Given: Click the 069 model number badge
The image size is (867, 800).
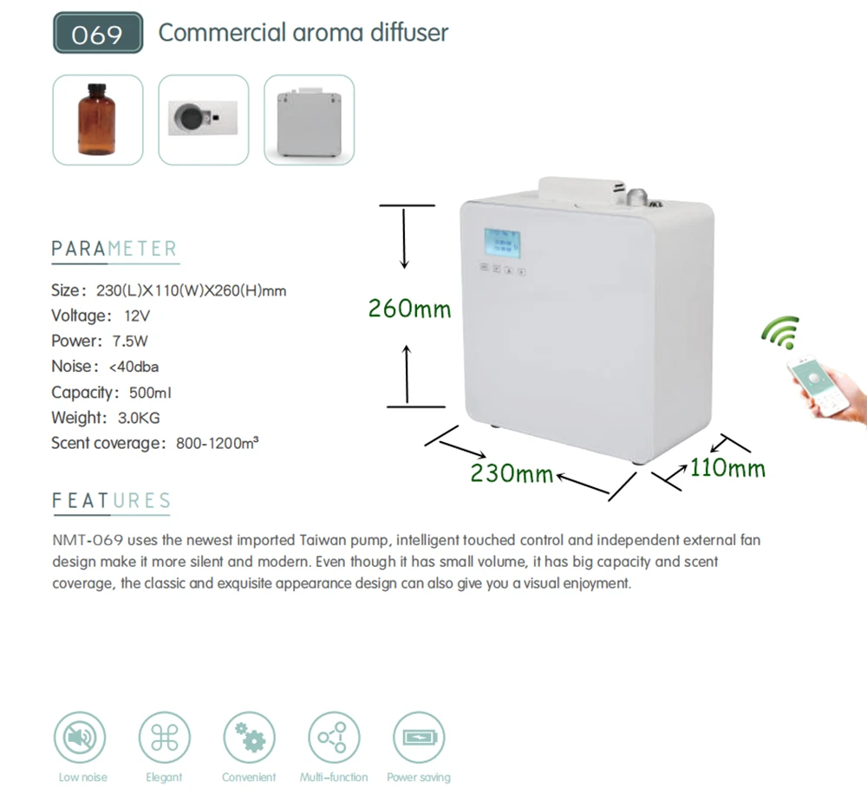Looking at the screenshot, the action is (x=98, y=33).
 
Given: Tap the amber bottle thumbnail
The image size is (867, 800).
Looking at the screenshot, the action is (x=98, y=120).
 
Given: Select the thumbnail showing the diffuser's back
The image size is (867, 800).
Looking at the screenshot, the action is (x=310, y=120).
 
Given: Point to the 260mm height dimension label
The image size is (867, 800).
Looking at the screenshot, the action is (x=410, y=309).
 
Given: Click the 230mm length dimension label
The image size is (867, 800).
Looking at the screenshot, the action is (x=512, y=473).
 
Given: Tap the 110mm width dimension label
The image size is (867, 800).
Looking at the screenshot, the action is (x=727, y=468).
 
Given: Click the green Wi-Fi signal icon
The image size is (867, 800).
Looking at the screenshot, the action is (x=781, y=332).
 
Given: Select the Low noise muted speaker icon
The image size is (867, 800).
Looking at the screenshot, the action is (x=80, y=738).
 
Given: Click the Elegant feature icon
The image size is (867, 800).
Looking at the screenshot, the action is (x=164, y=738).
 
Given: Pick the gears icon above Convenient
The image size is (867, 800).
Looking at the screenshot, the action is (x=250, y=738).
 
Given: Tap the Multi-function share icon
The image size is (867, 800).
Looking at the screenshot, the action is (x=334, y=738).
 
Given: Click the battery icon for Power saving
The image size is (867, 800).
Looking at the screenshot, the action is (x=419, y=738).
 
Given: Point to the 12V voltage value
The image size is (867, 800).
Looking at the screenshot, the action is (x=137, y=315).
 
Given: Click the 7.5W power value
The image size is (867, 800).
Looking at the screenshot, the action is (x=130, y=341).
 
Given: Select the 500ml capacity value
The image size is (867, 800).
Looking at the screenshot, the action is (x=150, y=393).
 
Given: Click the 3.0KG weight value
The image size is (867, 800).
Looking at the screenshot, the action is (x=139, y=418).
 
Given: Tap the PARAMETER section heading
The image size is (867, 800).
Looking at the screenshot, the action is (x=114, y=249).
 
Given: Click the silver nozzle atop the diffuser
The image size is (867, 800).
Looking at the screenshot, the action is (x=636, y=196).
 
